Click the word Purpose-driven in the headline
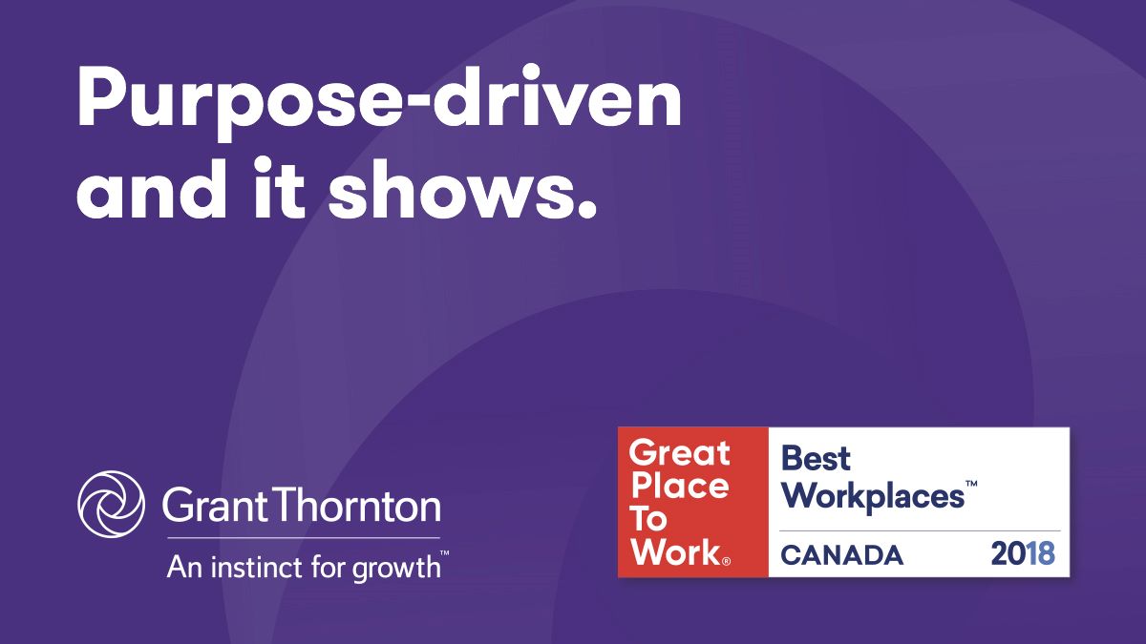[379, 102]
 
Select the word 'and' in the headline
[152, 189]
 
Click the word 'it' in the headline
[279, 189]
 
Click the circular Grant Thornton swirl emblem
[111, 504]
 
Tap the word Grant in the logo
[214, 506]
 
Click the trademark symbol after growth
[445, 553]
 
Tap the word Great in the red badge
[679, 453]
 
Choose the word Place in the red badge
[680, 486]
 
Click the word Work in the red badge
[676, 551]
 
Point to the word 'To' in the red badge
[648, 519]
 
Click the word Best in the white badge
[816, 458]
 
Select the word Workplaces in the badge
[872, 497]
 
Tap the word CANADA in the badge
[841, 555]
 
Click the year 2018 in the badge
[1023, 553]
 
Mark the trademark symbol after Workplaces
[971, 484]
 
